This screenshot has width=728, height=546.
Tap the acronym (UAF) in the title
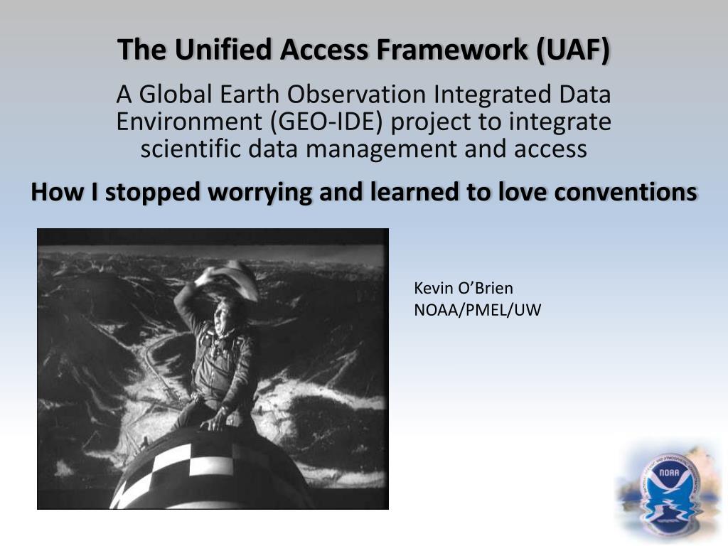coord(573,49)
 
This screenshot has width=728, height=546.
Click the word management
coord(381,149)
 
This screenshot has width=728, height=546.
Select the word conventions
coord(626,191)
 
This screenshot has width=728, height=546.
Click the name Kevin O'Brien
coord(464,288)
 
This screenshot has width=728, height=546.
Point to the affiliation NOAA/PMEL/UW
coord(477,310)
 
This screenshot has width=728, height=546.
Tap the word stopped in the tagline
coord(152,192)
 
